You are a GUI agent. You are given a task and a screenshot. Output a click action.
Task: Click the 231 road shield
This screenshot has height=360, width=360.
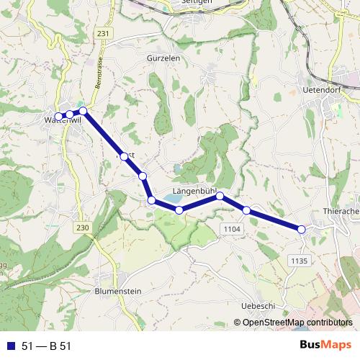click(104, 33)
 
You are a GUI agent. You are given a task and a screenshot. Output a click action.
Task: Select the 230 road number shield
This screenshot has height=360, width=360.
click(84, 228)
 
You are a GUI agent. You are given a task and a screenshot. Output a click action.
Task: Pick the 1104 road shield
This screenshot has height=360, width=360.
click(230, 228)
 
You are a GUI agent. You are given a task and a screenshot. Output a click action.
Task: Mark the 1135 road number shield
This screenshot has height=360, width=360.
click(301, 260)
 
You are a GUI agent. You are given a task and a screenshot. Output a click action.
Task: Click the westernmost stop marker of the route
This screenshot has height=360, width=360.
click(59, 117)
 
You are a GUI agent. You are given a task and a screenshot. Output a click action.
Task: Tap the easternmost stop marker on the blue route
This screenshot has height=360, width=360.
click(302, 229)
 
